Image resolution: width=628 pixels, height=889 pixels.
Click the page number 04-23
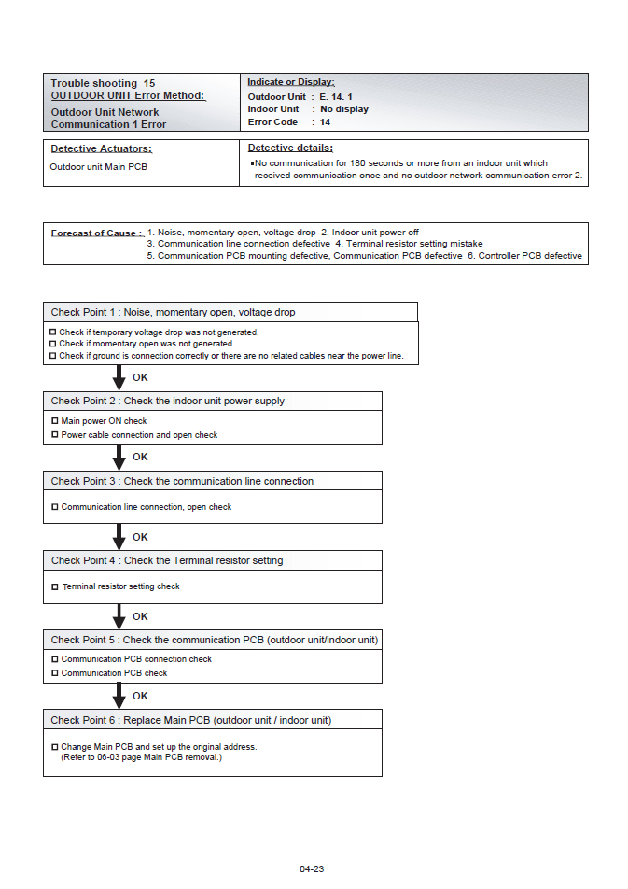312,868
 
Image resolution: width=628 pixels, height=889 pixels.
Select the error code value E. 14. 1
336,96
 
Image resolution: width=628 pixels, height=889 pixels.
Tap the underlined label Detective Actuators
101,148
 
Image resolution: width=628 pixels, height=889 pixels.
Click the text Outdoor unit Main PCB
98,167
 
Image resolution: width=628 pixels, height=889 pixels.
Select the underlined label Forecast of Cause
97,233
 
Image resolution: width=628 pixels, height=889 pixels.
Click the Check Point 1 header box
230,312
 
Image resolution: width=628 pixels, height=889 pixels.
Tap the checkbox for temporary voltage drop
53,332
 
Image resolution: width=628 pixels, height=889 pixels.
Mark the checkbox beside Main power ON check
54,421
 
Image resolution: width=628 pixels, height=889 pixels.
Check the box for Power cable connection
54,435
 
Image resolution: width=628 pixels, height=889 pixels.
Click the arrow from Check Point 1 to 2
119,378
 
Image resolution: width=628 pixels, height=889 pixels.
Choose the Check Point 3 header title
182,481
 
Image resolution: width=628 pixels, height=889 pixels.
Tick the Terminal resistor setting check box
54,586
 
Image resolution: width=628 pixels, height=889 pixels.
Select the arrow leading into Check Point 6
119,696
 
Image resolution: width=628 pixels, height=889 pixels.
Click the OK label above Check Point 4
140,537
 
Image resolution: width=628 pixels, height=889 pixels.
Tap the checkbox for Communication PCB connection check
54,659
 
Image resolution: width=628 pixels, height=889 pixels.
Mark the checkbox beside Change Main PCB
54,747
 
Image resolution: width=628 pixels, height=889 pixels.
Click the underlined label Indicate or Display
290,82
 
